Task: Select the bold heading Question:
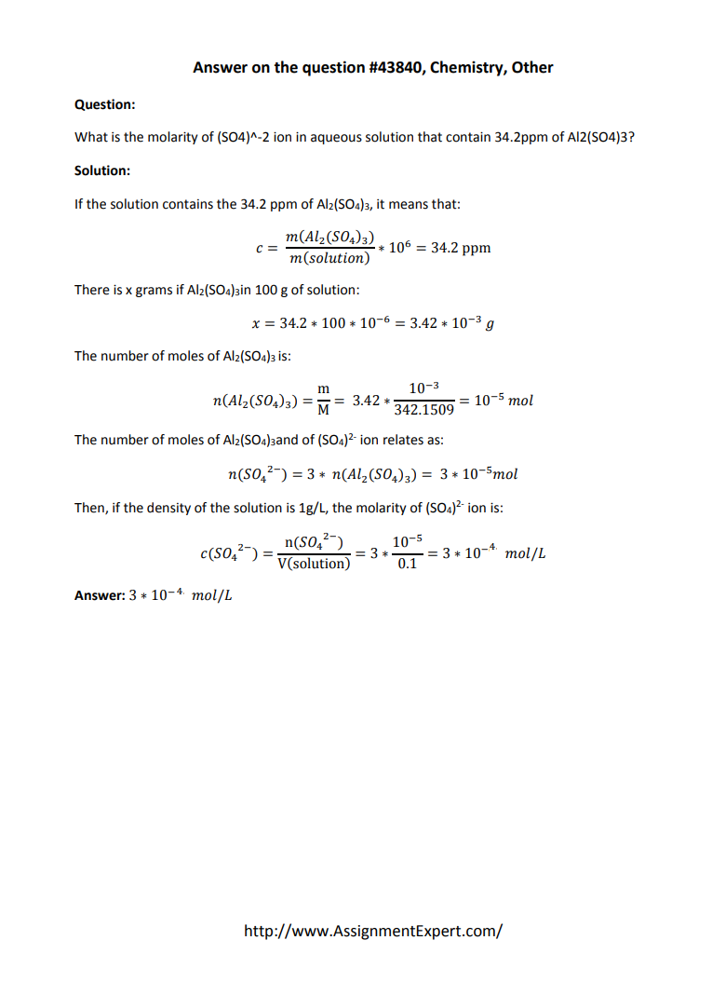tap(104, 104)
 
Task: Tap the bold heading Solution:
tap(102, 170)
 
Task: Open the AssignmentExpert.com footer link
tap(372, 930)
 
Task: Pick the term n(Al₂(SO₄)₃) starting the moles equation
tap(257, 401)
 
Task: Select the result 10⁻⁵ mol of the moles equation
tap(504, 401)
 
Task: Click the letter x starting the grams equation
tap(256, 323)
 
